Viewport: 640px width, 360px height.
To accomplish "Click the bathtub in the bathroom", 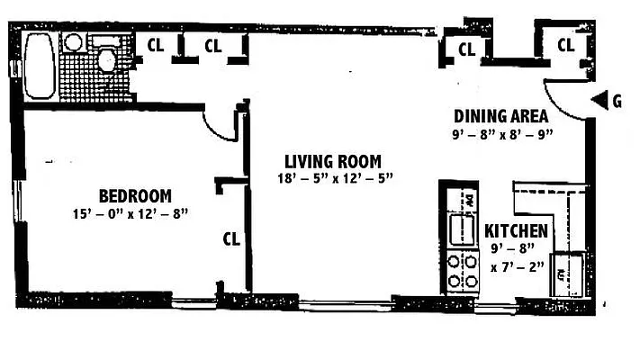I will (39, 66).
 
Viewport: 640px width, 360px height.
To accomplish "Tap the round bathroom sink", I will (74, 41).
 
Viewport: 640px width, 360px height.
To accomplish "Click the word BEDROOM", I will (135, 196).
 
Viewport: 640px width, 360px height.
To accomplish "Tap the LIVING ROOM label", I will (336, 161).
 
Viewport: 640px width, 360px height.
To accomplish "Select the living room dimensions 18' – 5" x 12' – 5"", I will (336, 178).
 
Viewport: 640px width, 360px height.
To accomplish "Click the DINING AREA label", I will (501, 116).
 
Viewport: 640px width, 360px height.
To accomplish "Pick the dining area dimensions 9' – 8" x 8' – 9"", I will (501, 134).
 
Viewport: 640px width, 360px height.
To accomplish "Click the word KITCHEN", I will (516, 231).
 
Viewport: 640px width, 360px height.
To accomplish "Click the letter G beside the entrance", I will (617, 101).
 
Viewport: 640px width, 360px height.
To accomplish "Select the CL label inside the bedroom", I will (231, 238).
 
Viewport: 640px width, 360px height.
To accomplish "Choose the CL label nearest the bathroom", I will (155, 46).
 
